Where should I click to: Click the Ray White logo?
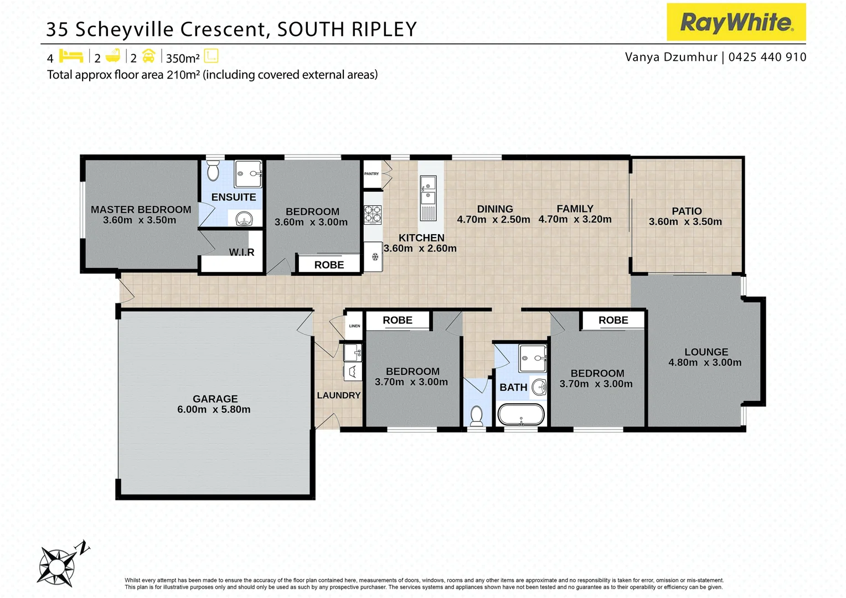(736, 22)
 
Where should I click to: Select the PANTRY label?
(372, 174)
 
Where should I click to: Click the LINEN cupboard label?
(354, 326)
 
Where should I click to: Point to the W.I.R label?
(241, 252)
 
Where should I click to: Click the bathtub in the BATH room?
(521, 414)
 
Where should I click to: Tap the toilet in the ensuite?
(213, 171)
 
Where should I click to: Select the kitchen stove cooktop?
(373, 214)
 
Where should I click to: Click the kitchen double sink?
(428, 190)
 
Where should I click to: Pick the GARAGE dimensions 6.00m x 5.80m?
(214, 410)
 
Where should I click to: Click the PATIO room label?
(687, 211)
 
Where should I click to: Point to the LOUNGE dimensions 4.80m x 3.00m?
(705, 363)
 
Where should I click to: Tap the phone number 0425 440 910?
(767, 57)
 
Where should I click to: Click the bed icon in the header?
(71, 56)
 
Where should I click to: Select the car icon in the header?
(148, 56)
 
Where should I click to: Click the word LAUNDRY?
(338, 395)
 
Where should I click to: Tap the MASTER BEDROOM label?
(141, 209)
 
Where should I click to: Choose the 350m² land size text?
(183, 58)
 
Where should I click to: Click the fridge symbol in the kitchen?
(375, 256)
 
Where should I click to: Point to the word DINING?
(495, 209)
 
